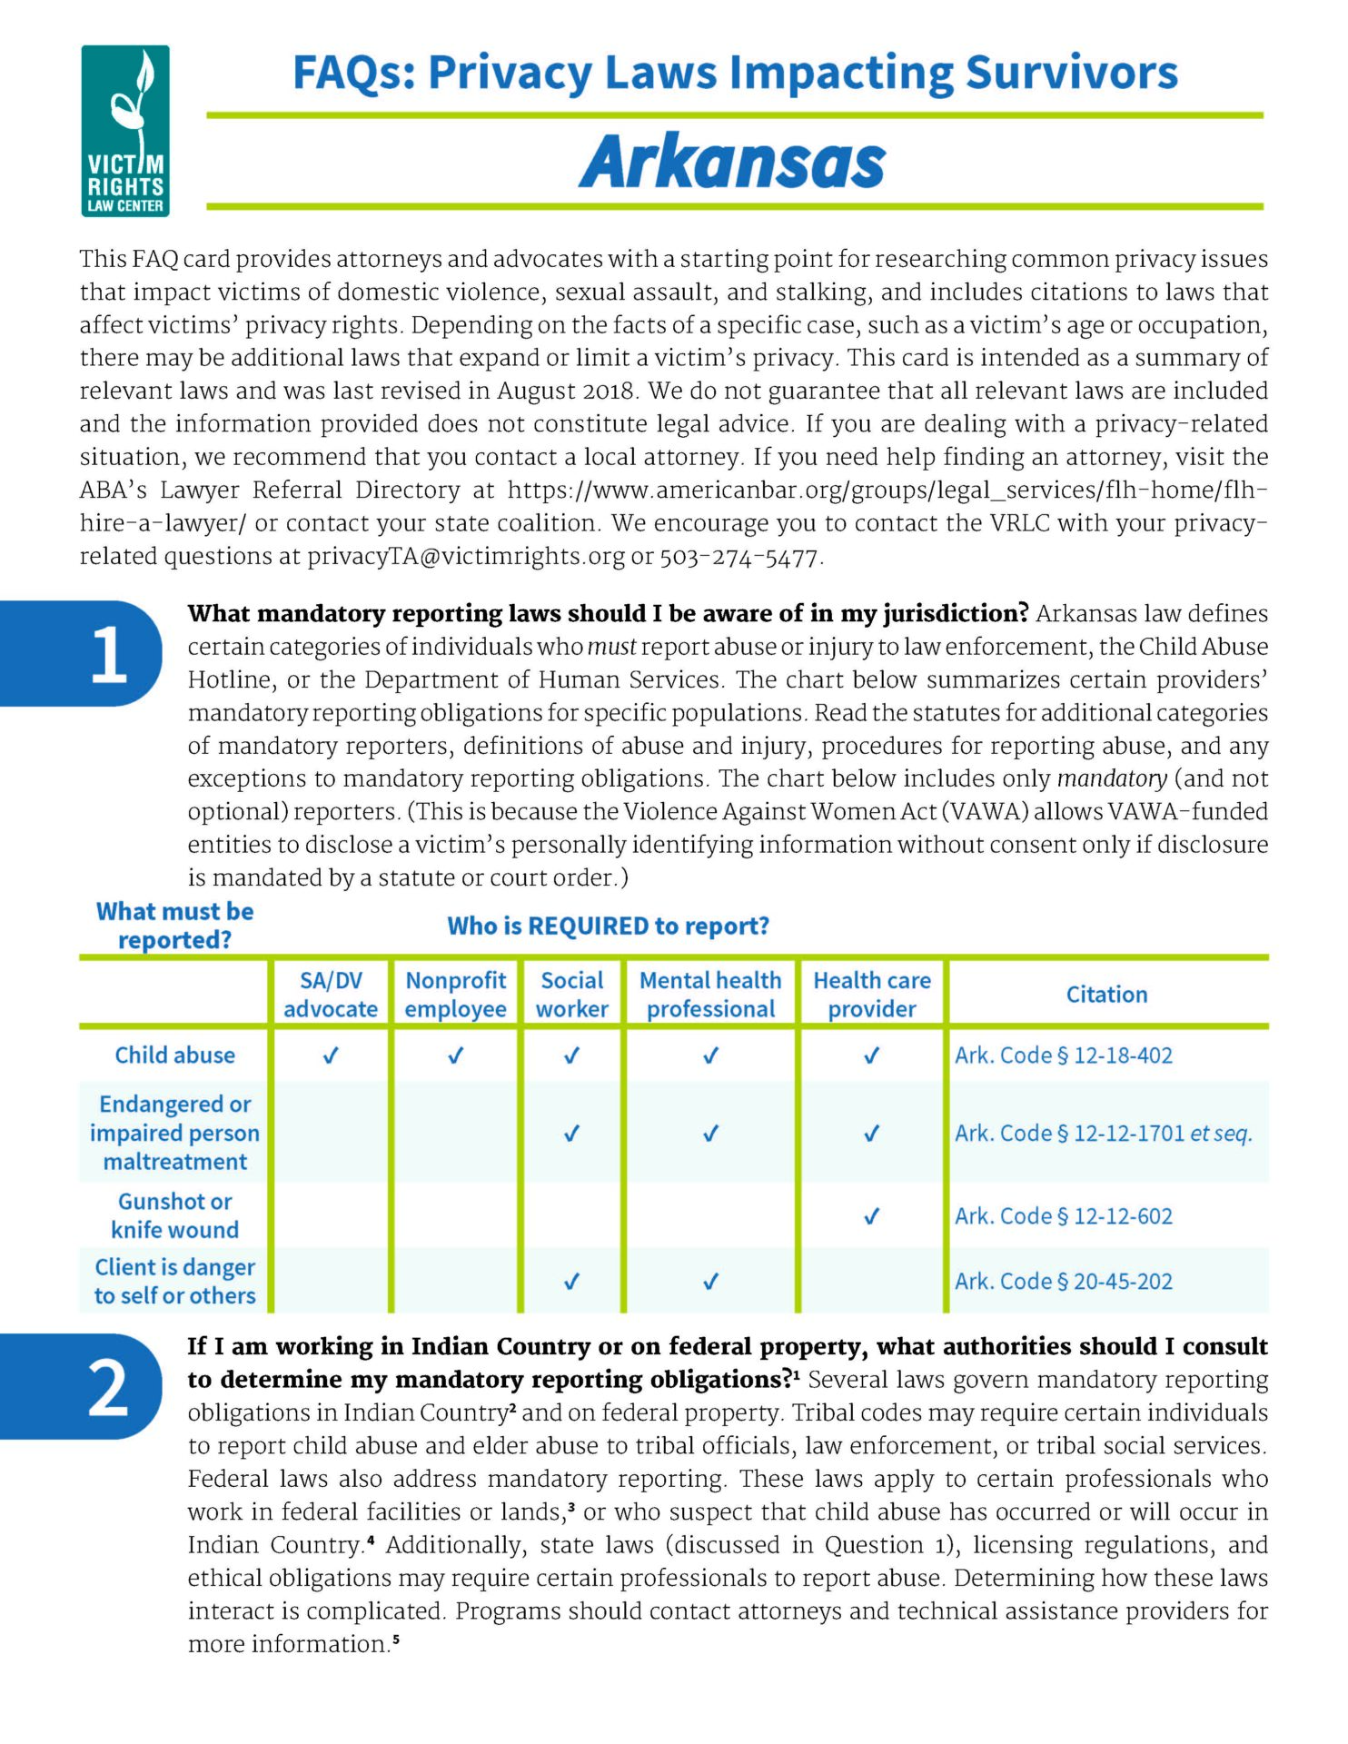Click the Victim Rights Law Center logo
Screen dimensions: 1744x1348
125,131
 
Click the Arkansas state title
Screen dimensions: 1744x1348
731,162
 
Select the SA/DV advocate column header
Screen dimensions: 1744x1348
331,995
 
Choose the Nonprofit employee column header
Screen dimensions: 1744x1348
455,995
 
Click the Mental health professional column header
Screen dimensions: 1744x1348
710,995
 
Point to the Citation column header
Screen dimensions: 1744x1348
1106,995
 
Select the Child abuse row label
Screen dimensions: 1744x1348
174,1055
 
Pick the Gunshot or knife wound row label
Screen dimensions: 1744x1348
174,1215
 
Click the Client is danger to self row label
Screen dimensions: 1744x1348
174,1282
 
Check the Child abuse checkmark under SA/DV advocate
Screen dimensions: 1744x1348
332,1055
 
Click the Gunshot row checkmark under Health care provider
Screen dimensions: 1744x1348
871,1216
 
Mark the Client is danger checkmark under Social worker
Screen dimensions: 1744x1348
572,1282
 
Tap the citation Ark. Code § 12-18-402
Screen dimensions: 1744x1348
1064,1055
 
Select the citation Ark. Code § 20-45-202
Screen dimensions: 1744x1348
1064,1282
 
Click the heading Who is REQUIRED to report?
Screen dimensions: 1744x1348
608,926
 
